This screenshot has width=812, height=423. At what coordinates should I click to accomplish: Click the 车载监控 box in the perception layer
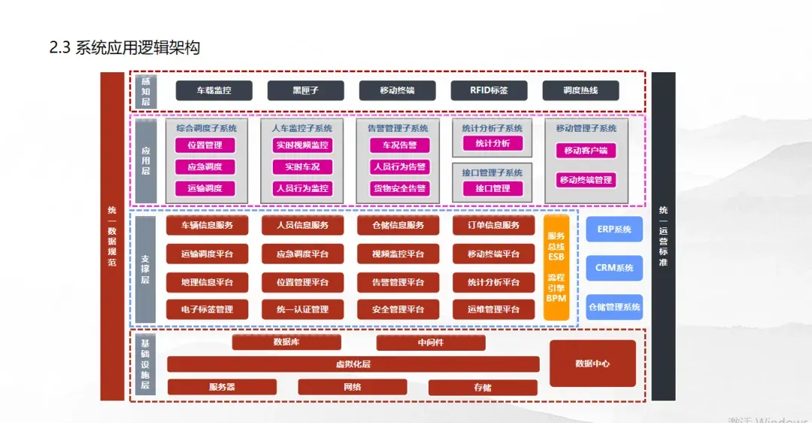tap(214, 90)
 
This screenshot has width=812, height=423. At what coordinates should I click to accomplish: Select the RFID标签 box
tap(489, 90)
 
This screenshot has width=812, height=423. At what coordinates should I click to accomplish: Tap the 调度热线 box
tap(580, 90)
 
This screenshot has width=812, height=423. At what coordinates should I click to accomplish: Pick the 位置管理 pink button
tap(205, 145)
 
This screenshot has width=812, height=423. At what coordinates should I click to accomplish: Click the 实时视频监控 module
tap(301, 145)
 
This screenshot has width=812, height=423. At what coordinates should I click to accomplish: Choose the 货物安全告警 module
tap(399, 188)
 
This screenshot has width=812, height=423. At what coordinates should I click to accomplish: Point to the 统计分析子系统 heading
tap(492, 129)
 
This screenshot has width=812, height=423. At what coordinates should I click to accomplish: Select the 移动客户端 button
tap(586, 151)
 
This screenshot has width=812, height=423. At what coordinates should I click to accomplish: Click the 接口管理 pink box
tap(492, 188)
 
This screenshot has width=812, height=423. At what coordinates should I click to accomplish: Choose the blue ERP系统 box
tap(614, 229)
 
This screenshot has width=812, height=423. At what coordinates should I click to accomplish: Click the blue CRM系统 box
tap(614, 268)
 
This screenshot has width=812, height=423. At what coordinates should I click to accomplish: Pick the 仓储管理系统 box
tap(614, 307)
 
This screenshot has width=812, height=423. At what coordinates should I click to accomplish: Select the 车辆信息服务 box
tap(207, 225)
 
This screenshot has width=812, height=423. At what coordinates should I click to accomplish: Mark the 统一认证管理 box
tap(302, 309)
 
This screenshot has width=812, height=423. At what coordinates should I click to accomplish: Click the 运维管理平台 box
tap(493, 309)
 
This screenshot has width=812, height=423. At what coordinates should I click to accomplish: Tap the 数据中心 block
tap(592, 364)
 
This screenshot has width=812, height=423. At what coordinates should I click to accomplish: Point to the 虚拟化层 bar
tap(353, 364)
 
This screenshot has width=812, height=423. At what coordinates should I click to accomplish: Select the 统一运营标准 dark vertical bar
tap(663, 236)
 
